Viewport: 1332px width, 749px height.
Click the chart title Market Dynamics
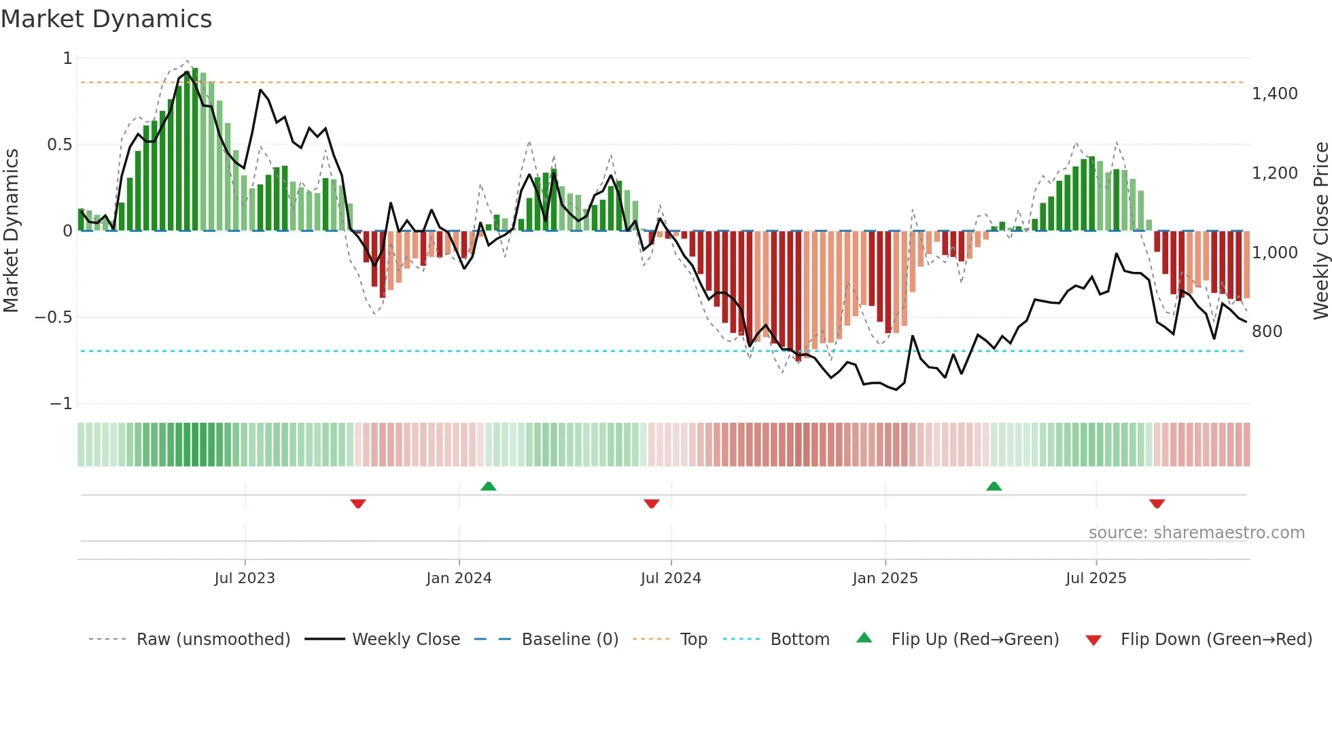pos(107,19)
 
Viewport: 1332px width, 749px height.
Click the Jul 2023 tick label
pos(245,578)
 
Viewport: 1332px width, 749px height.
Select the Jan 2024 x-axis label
pos(459,578)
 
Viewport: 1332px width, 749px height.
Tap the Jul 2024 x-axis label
pos(671,578)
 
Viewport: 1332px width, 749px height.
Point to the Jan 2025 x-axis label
pos(885,578)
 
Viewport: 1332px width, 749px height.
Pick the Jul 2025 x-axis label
pos(1096,578)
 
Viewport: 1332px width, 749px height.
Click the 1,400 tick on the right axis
pos(1275,94)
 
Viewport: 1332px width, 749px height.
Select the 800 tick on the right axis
pos(1267,332)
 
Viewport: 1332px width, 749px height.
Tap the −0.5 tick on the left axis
pos(53,317)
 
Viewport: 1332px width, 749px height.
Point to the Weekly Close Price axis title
pos(1320,230)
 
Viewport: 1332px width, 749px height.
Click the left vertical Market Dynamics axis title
pos(11,230)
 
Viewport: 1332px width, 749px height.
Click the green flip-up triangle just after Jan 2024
pos(488,487)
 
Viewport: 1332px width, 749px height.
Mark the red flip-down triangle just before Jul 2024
pos(651,504)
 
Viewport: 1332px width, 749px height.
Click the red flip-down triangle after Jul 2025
pos(1157,504)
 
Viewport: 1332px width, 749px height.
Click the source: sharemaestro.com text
pos(1196,533)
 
